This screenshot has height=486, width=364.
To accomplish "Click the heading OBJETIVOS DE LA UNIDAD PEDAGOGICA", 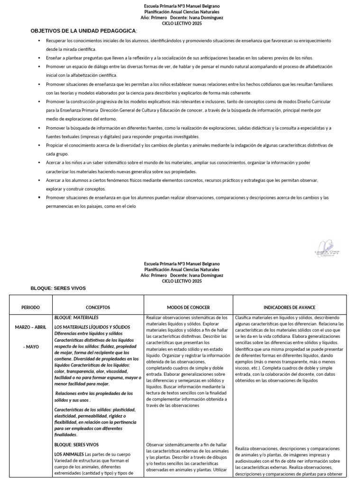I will coord(83,30).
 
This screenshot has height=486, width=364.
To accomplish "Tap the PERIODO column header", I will coord(31,307).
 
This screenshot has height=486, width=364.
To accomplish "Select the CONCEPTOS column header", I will coord(98,307).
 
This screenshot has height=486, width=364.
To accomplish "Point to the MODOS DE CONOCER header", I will coord(188,307).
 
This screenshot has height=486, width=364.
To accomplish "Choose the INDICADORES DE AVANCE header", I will coord(289,307).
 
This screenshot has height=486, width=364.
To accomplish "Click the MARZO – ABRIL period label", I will coord(31,327).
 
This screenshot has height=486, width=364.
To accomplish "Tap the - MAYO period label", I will coord(31,347).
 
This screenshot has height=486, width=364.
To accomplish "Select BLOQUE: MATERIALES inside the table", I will coord(76,318).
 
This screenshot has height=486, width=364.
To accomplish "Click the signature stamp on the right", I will coord(327,252).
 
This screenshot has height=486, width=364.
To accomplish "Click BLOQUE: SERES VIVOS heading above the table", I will coord(58,288).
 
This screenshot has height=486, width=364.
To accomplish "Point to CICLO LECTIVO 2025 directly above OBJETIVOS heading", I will coord(182,23).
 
